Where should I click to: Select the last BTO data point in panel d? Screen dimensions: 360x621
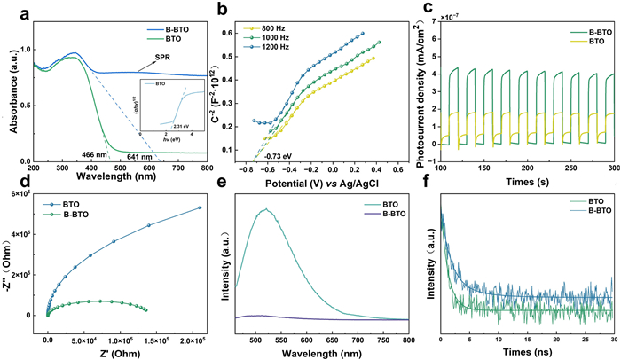pyautogui.click(x=200, y=233)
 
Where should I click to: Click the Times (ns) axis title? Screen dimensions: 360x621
pyautogui.click(x=528, y=354)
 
